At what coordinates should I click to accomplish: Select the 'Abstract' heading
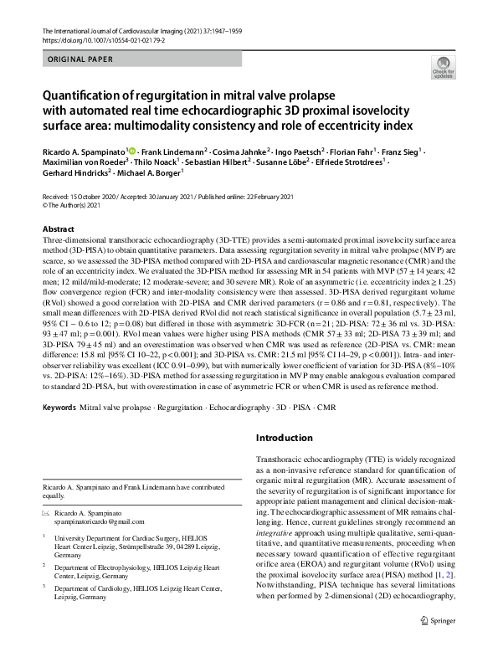point(59,228)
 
